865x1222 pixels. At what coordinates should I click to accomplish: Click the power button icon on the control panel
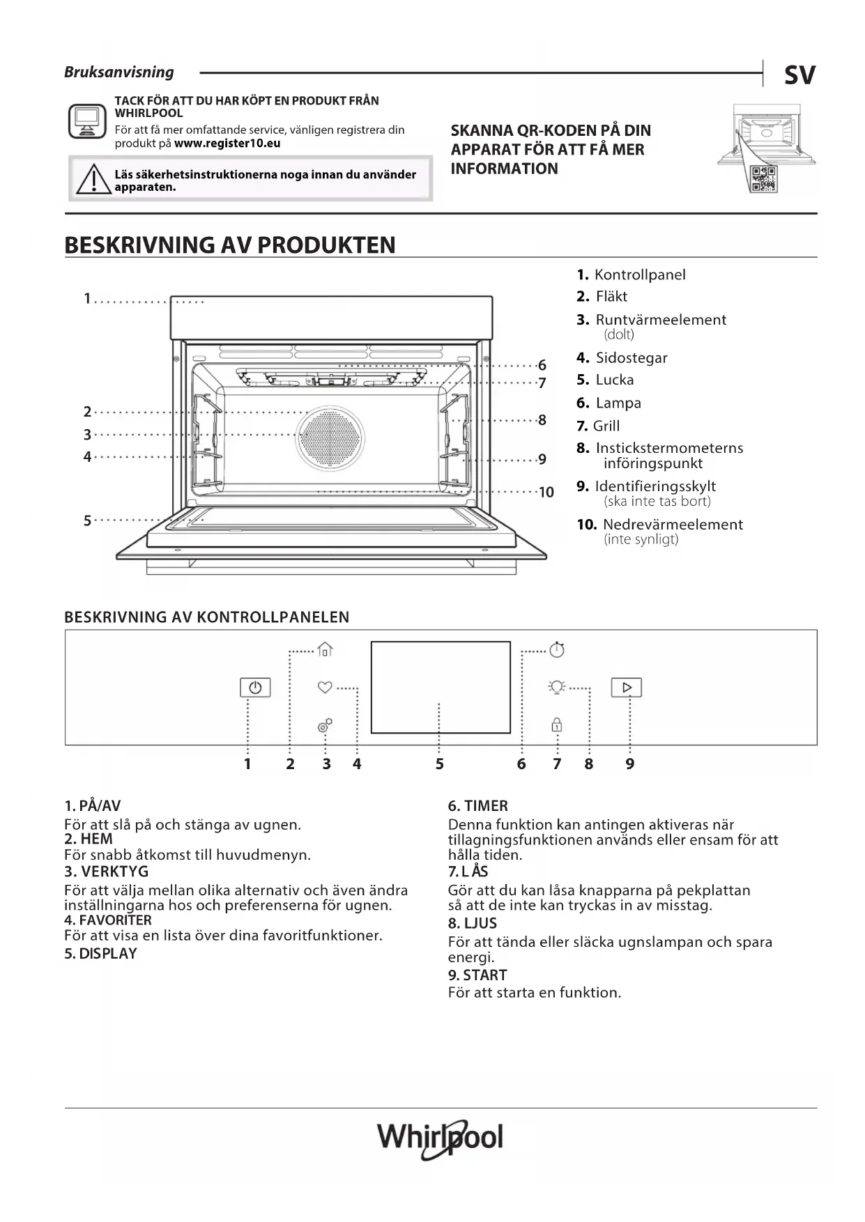coord(255,688)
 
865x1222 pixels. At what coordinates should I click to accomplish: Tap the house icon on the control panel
coord(325,649)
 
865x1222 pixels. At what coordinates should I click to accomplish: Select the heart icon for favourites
coord(325,687)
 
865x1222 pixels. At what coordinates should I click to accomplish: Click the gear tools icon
coord(325,726)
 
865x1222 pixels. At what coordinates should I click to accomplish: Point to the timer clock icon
coord(557,649)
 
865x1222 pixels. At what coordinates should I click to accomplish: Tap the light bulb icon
coord(556,687)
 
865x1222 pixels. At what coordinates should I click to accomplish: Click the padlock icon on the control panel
coord(557,725)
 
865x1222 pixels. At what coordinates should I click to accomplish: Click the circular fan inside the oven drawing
coord(330,438)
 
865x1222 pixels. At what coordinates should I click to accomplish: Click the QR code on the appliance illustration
coord(763,180)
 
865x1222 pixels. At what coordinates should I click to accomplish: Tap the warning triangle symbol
coord(92,180)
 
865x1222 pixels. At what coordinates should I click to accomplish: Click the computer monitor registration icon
coord(87,121)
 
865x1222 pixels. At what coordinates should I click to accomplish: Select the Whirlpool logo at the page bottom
coord(440,1138)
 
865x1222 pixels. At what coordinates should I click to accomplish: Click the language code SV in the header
coord(799,75)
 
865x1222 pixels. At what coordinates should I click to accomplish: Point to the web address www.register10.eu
coord(227,144)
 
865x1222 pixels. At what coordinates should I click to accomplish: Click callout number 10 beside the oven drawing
coord(546,493)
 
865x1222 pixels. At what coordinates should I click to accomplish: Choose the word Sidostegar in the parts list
coord(631,358)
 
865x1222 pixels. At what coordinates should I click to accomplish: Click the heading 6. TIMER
coord(478,806)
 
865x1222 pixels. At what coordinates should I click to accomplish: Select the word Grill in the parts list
coord(606,426)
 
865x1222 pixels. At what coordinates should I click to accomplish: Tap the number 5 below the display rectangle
coord(440,764)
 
